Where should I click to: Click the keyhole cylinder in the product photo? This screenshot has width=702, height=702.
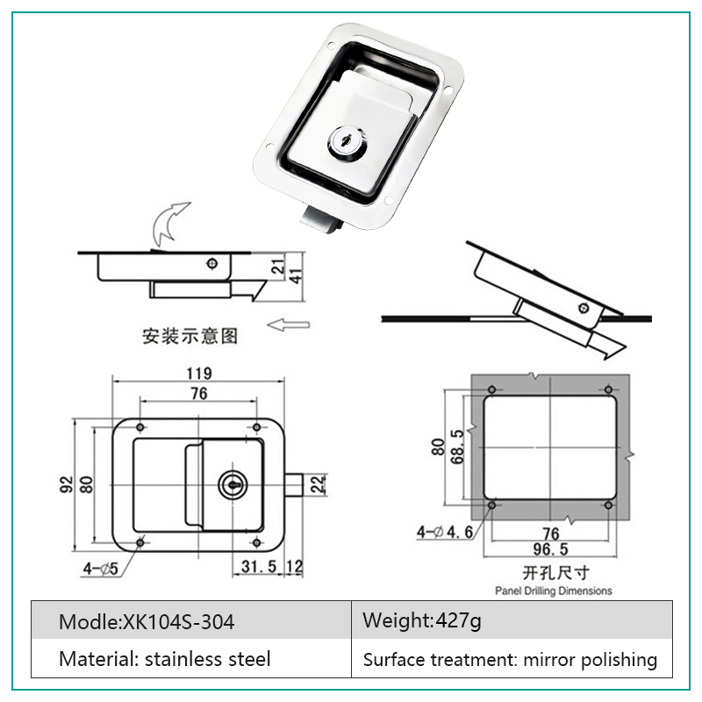(346, 143)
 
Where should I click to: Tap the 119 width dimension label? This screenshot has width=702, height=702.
(199, 373)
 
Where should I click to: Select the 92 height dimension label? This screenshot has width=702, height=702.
(67, 484)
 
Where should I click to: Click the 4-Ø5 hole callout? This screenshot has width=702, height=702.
(101, 569)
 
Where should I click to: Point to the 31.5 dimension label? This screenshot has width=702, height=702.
(259, 566)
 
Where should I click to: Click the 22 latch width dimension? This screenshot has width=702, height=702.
(317, 484)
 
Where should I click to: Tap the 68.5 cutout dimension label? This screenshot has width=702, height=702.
(457, 447)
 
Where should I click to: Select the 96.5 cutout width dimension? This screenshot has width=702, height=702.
(551, 549)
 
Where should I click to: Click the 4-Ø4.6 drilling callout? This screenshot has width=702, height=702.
(445, 532)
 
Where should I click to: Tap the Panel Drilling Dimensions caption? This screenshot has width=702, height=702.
(554, 591)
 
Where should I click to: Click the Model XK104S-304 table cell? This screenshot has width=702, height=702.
(191, 620)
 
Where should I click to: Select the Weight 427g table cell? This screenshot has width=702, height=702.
(512, 620)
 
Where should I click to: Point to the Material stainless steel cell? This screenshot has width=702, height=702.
(191, 658)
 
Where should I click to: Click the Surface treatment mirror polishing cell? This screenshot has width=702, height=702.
(512, 658)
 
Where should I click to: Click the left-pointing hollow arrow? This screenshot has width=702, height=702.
(288, 325)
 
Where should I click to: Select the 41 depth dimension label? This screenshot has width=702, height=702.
(296, 276)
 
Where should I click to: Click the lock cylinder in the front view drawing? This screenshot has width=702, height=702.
(233, 484)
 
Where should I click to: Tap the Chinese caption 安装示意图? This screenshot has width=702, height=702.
(190, 336)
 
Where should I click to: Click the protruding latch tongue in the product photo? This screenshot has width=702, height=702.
(321, 220)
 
